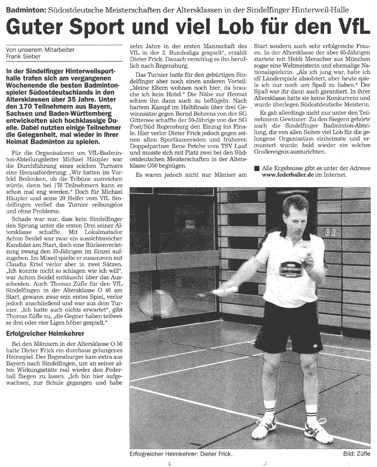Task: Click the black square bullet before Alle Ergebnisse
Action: [x=257, y=168]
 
